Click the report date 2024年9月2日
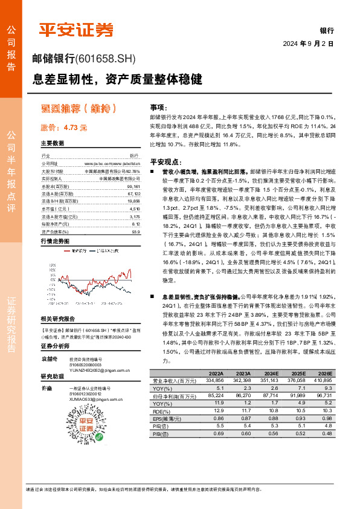[308, 44]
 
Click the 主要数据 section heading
[52, 143]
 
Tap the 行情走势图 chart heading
[56, 241]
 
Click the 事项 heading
[157, 106]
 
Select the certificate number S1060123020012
[89, 394]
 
